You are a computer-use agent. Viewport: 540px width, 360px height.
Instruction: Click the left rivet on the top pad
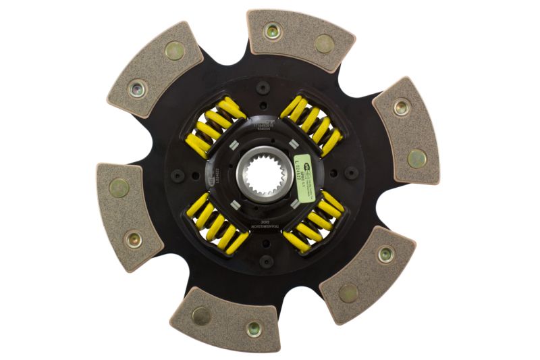(x=271, y=30)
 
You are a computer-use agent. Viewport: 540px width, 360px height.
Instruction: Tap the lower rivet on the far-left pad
(x=134, y=238)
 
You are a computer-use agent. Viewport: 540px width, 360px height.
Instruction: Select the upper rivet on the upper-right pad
(x=401, y=106)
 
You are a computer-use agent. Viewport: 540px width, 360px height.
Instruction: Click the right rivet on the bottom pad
(x=253, y=329)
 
